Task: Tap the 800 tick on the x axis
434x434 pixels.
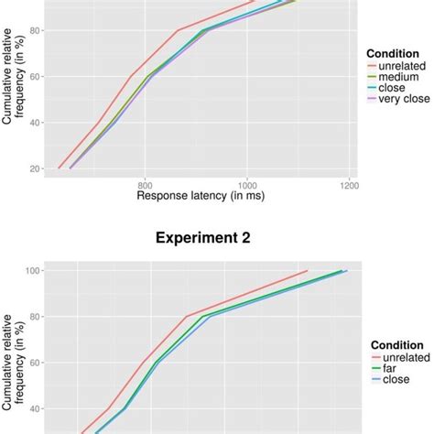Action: (x=146, y=183)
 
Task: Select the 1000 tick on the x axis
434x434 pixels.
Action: (x=247, y=183)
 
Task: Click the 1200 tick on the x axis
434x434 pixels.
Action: (x=348, y=183)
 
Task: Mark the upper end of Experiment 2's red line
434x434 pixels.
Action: (x=308, y=270)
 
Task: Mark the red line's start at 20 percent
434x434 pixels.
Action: (x=59, y=168)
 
